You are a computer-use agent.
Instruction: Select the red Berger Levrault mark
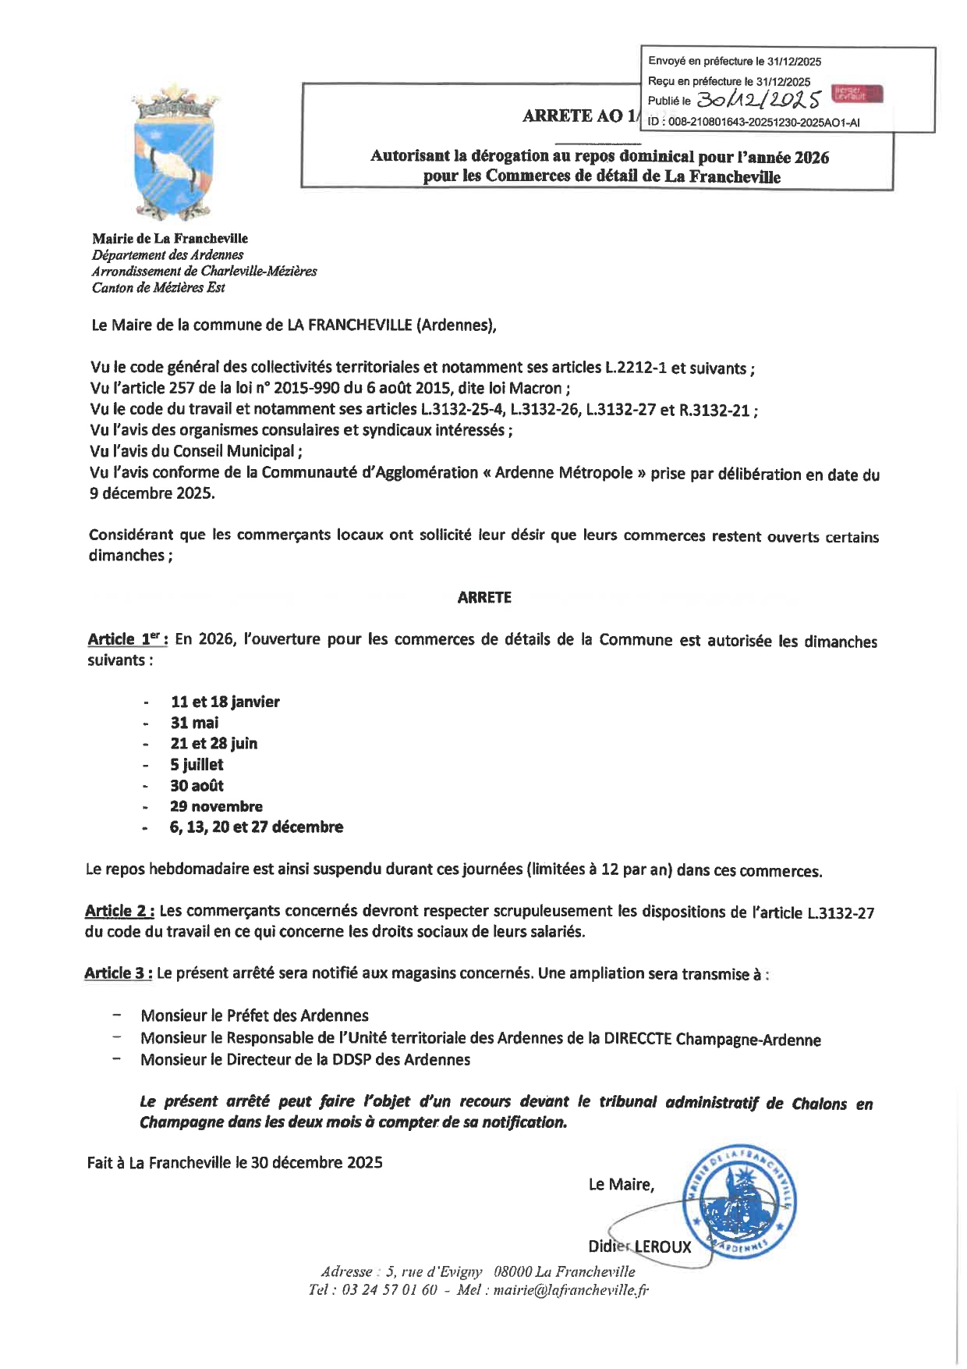857,94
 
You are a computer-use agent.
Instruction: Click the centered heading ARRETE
483,598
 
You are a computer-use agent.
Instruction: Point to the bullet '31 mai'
194,723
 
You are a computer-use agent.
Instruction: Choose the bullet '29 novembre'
216,806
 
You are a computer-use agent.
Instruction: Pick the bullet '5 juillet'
197,765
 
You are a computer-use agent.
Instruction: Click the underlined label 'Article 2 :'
119,911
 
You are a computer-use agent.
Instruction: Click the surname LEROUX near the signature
663,1246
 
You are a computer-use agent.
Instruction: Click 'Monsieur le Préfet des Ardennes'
254,1015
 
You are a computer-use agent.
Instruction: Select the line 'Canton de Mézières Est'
158,287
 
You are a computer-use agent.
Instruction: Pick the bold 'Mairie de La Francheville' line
169,238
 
